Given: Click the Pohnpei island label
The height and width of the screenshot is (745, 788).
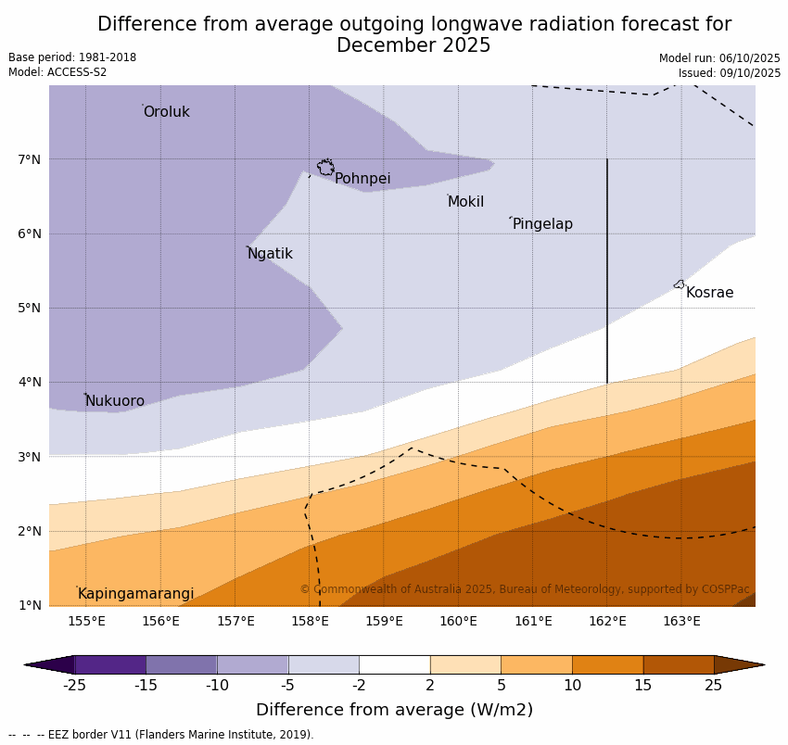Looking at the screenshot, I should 362,179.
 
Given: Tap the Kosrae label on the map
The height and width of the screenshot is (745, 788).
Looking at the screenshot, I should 709,293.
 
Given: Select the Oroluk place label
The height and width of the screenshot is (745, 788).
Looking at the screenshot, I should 166,112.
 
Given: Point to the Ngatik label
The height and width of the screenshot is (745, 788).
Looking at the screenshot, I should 270,254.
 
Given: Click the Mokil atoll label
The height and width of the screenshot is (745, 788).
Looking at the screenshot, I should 465,202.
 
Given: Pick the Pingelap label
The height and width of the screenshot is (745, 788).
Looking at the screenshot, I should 542,224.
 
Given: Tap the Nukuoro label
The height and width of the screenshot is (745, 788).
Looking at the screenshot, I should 115,401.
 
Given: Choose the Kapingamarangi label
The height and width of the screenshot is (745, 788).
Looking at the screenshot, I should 135,594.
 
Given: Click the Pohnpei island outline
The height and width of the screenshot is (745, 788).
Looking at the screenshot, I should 325,168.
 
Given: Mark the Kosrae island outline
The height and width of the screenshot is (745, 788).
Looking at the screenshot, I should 680,284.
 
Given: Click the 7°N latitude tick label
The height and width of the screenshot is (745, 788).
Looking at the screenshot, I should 30,159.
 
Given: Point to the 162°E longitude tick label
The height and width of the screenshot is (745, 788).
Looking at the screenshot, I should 607,621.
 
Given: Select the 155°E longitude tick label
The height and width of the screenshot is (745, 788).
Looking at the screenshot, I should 86,621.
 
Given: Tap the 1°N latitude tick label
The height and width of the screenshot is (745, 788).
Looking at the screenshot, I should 30,605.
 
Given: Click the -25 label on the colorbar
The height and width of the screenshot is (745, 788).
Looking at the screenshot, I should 74,686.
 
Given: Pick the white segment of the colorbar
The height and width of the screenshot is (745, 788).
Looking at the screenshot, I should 394,664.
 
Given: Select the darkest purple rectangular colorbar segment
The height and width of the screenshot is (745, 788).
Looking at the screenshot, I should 109,664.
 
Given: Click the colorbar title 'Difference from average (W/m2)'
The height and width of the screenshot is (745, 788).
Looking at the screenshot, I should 394,711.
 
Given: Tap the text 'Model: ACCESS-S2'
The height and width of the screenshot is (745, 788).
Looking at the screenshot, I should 57,72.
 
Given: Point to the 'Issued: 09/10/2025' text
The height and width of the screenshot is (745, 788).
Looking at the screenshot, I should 729,73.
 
